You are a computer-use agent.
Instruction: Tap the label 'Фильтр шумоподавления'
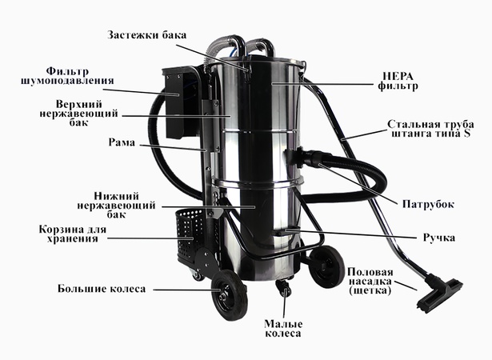[68, 75]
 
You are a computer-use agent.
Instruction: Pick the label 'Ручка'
[438, 238]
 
